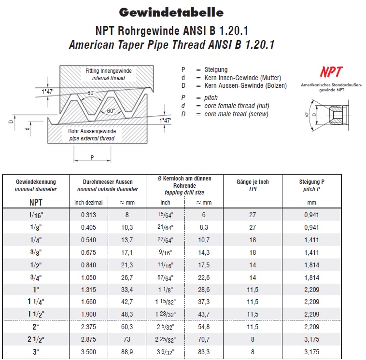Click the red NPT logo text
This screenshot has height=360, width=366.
pos(331,72)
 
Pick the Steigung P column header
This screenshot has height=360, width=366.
pos(311,182)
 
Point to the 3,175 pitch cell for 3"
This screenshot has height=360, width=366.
pos(311,352)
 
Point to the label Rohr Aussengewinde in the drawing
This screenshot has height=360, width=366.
pos(92,131)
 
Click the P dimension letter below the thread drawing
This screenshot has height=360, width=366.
pos(92,157)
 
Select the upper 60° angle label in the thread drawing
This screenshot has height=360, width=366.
pos(91,93)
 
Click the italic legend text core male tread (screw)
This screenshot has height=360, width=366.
pos(237,114)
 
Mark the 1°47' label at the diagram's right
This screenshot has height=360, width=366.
pos(165,121)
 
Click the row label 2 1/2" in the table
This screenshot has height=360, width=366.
pos(36,340)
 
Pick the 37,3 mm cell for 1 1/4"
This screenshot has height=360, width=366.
pos(204,302)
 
